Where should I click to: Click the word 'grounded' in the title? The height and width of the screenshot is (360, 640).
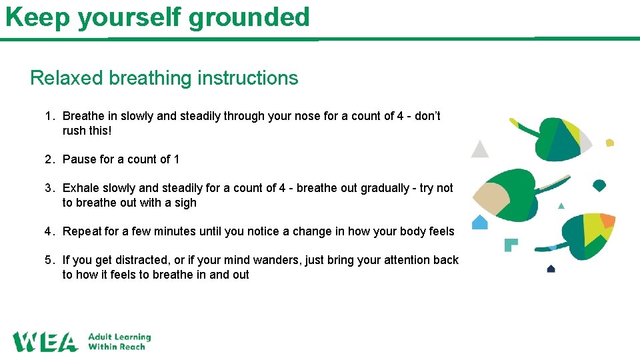click(x=249, y=17)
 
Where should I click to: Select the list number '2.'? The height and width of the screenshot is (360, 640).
click(x=50, y=159)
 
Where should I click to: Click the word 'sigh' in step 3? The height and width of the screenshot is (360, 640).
click(x=185, y=203)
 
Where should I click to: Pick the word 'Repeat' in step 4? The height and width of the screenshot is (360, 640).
click(x=82, y=231)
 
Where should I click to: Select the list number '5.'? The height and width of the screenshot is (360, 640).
click(x=50, y=260)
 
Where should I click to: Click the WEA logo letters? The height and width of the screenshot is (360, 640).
click(x=45, y=341)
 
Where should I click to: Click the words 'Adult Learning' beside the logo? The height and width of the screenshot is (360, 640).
click(x=120, y=337)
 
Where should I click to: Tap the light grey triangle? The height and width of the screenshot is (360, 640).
click(x=479, y=149)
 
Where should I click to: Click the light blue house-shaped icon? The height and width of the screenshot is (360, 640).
click(x=480, y=222)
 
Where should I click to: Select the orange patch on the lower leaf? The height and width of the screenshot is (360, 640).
click(x=607, y=221)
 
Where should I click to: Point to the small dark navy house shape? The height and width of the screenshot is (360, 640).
click(x=551, y=269)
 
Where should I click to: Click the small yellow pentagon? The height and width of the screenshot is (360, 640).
click(x=609, y=143)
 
